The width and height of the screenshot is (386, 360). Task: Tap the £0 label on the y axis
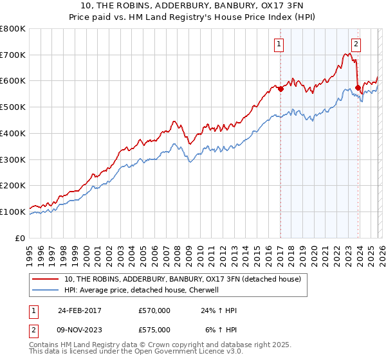[x=19, y=238]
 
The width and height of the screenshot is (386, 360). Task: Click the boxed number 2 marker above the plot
[x=356, y=44]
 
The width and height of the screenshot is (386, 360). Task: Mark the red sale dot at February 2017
[x=280, y=89]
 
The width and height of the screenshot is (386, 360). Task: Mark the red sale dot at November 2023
[x=357, y=88]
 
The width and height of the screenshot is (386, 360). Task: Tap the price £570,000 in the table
[x=154, y=310]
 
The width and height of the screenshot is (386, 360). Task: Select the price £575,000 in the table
[x=154, y=330]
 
